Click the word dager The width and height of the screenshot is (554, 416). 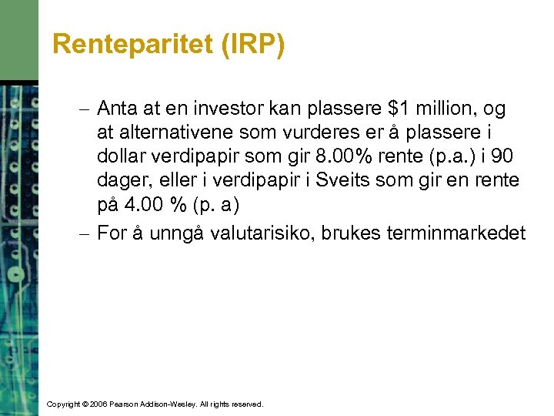point(122,180)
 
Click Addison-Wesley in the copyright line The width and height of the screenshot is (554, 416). point(173,404)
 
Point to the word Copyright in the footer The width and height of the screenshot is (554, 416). point(64,404)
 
